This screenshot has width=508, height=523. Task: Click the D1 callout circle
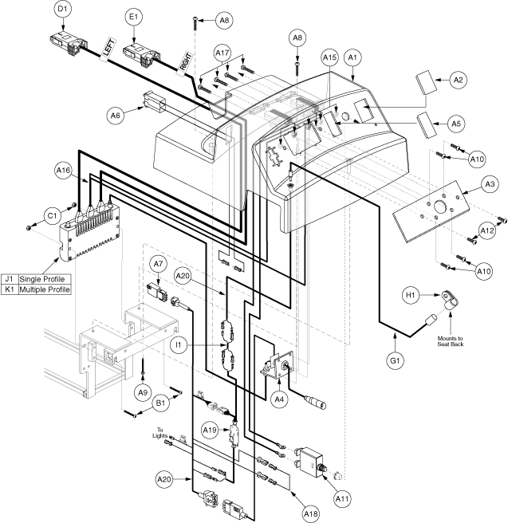click(x=63, y=10)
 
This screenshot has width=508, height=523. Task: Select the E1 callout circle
click(x=133, y=17)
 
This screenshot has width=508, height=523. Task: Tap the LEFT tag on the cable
click(x=108, y=49)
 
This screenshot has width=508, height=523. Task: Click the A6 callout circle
click(x=115, y=116)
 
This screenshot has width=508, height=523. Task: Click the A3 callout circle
click(x=490, y=184)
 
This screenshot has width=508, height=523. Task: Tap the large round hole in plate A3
click(x=440, y=207)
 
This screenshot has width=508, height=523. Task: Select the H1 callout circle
click(x=411, y=296)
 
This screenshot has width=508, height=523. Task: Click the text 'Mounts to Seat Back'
click(x=451, y=341)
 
